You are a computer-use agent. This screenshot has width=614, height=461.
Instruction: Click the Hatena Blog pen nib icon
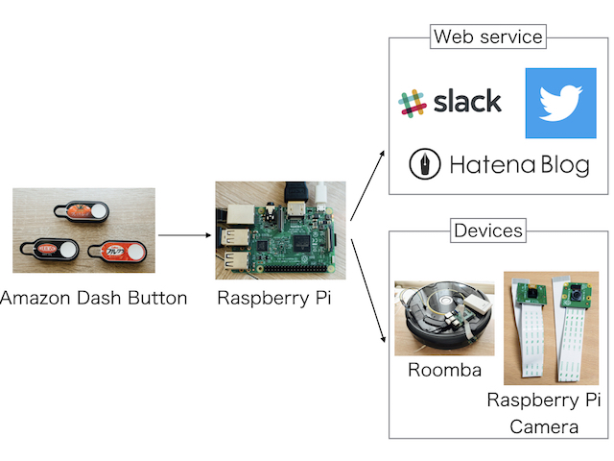coord(423,164)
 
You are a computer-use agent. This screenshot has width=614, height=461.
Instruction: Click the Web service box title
coord(487,38)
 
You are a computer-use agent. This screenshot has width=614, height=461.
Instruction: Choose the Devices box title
coord(487,230)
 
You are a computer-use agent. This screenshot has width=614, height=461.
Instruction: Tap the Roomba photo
coord(444,318)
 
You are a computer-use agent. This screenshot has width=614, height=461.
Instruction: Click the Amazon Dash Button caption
coord(93,298)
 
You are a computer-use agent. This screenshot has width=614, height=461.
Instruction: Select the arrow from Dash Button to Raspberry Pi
coord(182,233)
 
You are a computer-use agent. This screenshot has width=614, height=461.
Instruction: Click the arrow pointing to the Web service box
coord(367,184)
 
